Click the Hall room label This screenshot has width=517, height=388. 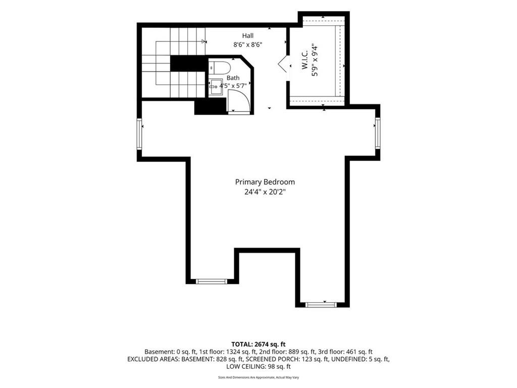[x=247, y=36]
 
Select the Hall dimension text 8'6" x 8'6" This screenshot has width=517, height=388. [x=247, y=44]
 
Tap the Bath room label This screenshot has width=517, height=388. [x=233, y=78]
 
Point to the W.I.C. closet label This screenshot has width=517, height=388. [x=304, y=60]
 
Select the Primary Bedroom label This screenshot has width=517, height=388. [x=265, y=182]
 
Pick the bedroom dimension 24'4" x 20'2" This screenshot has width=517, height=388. [x=265, y=192]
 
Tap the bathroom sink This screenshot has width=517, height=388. [x=216, y=86]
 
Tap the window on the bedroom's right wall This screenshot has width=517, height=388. [x=378, y=133]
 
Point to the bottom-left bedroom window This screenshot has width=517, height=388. [x=212, y=281]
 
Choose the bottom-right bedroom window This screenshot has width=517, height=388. [x=322, y=305]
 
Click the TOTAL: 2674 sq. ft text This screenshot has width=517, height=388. [x=258, y=345]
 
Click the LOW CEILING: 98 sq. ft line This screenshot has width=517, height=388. [x=258, y=367]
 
